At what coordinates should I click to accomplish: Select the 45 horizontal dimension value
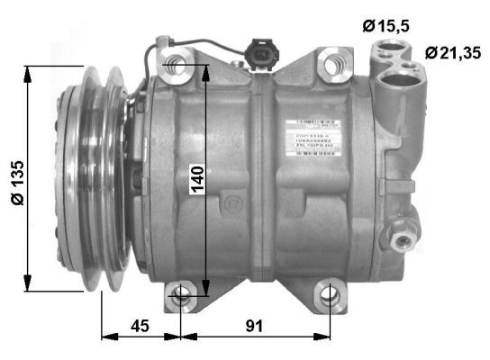point(140,325)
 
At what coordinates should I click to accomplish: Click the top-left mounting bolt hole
point(177,62)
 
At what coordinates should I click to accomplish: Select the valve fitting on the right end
point(401,236)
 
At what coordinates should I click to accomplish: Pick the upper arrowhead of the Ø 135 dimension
point(32,71)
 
